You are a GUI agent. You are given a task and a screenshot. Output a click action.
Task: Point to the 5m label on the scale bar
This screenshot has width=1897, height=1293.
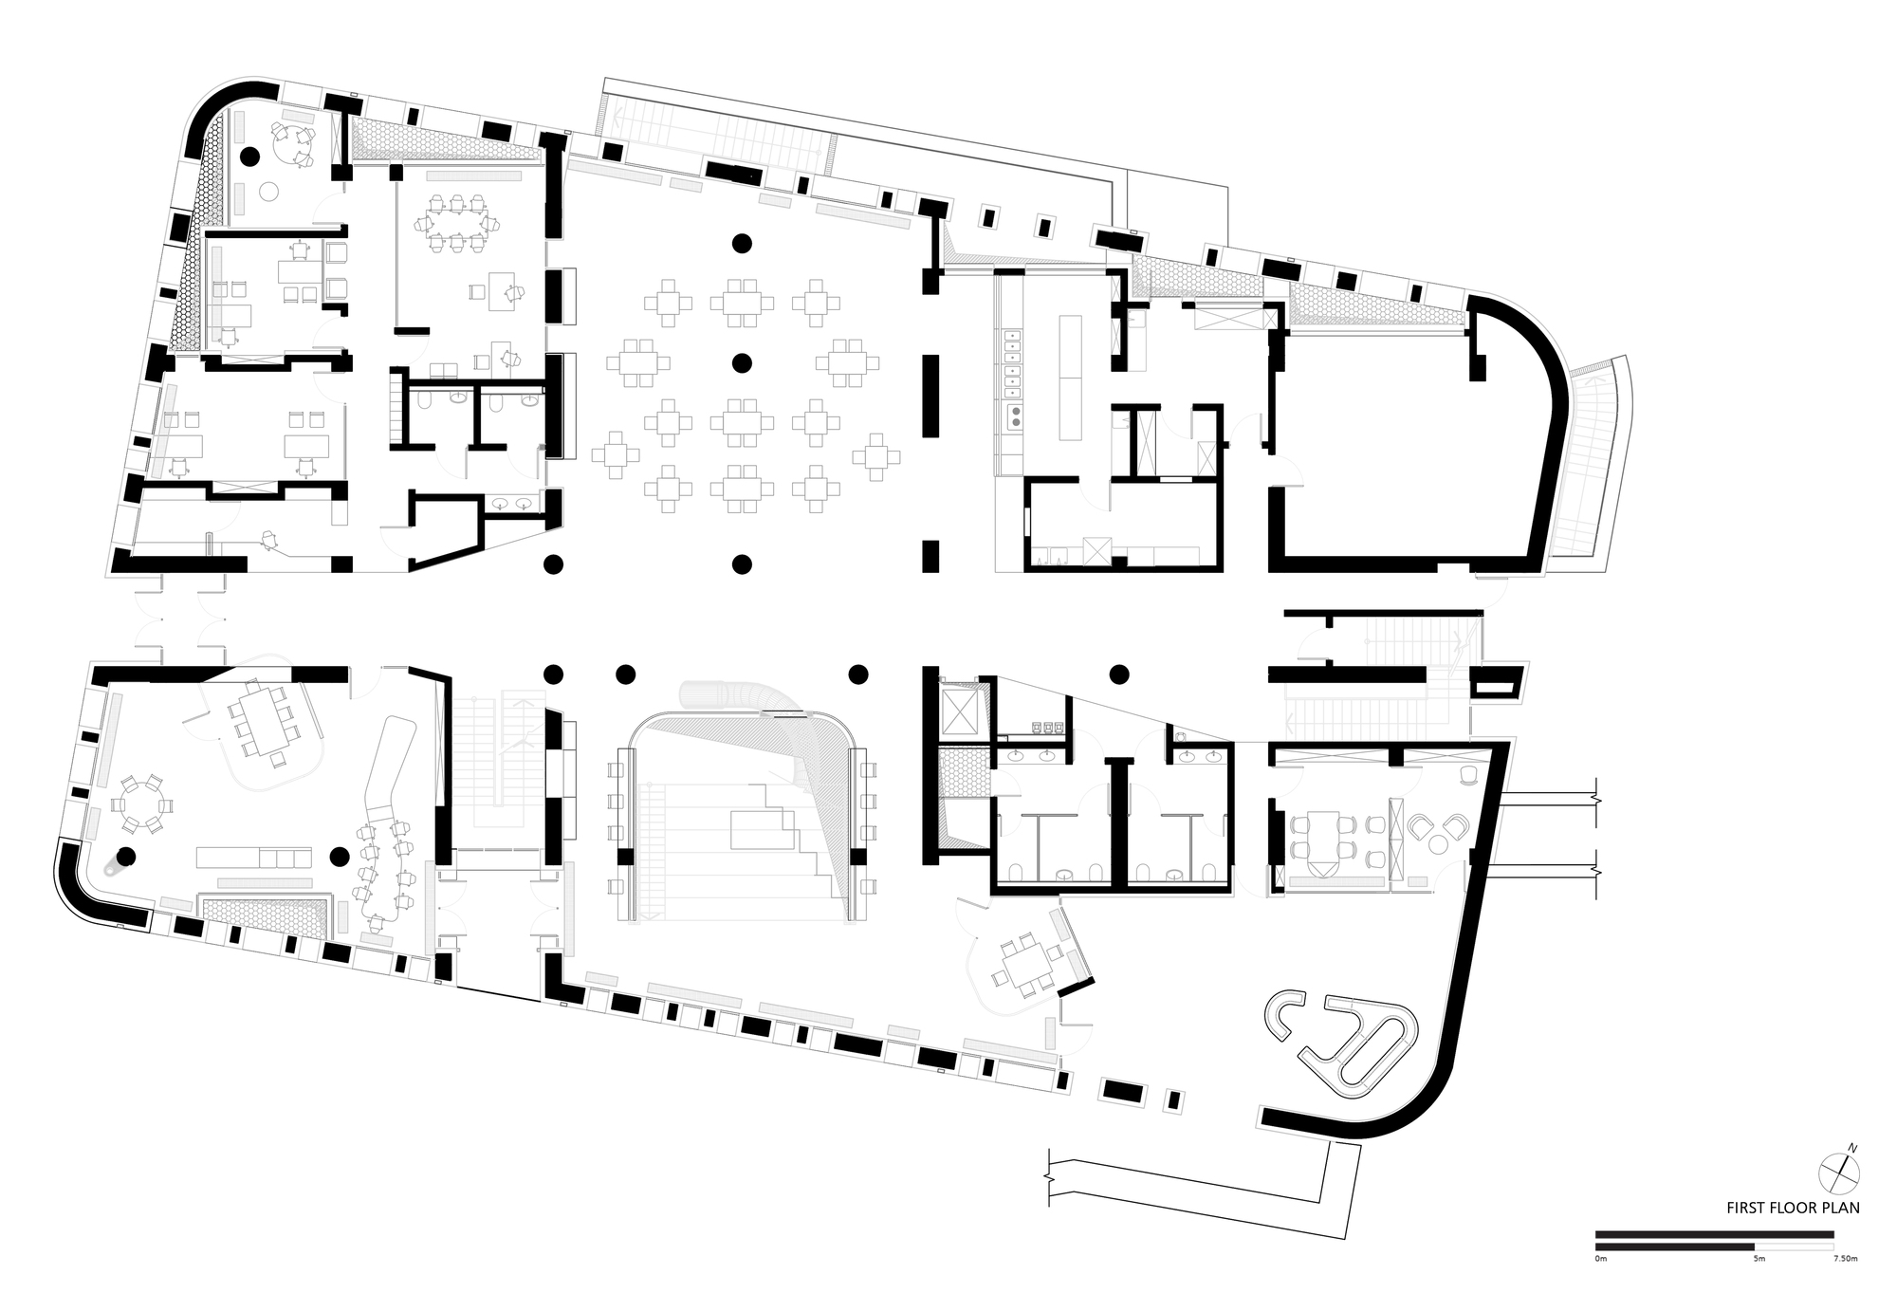coord(1759,1259)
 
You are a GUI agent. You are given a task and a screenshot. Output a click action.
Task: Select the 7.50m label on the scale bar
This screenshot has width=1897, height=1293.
coord(1845,1259)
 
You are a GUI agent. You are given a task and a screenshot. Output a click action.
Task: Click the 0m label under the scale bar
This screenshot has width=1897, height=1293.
coord(1601,1259)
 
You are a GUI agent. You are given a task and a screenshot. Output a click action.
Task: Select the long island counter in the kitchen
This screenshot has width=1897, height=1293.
coord(1071,377)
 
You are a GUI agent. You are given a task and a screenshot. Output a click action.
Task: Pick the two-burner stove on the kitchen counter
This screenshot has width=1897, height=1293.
coord(1014,415)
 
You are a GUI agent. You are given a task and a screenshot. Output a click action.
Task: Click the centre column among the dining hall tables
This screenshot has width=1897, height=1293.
coord(742,362)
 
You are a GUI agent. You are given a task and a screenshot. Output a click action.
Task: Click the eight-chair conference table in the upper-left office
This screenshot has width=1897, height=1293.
coord(457,224)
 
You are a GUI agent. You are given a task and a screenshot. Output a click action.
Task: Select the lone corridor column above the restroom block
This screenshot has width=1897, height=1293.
coord(1119,674)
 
